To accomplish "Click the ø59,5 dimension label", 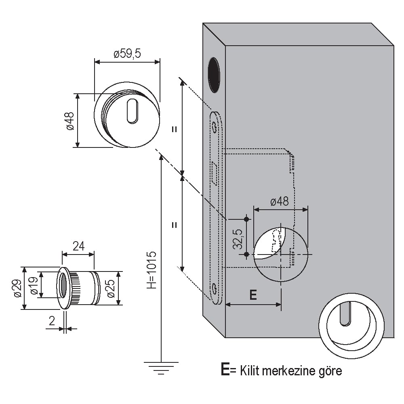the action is pos(127,54).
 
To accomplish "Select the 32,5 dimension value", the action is pos(238,239).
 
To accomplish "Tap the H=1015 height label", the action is pos(151,270).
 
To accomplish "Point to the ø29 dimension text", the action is pos(17,288).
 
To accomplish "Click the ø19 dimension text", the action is pos(34,286).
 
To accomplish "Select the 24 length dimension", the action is pos(78,246).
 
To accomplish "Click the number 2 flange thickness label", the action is pos(52,321).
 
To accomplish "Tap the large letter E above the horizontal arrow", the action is pos(253,295).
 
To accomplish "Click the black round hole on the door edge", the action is pos(214,75).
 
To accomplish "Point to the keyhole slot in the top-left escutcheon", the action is pos(133,112).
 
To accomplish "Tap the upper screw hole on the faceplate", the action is pos(214,126).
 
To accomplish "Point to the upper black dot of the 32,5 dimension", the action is pos(246,219).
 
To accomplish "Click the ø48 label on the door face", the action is pos(280,201).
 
